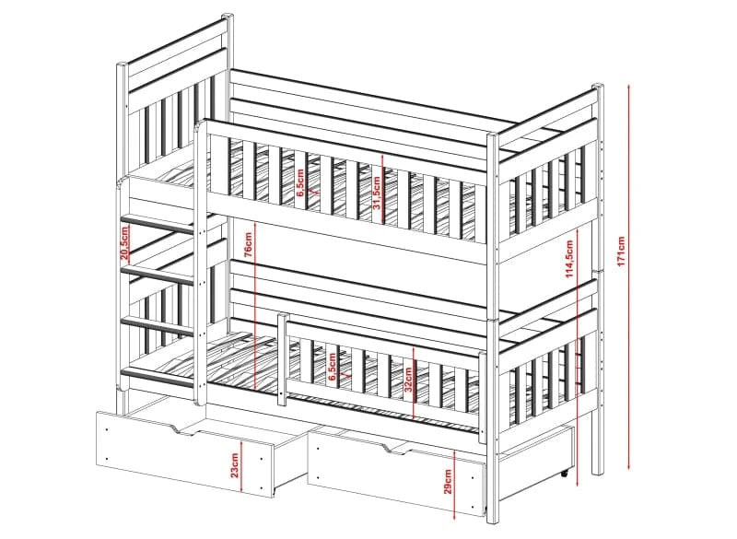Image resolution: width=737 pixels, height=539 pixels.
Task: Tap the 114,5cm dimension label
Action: click(569, 260)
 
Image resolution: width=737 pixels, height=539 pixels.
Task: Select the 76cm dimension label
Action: click(248, 244)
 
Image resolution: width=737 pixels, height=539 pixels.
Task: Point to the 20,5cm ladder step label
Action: click(125, 242)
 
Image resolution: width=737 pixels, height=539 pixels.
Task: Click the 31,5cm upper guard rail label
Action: click(376, 193)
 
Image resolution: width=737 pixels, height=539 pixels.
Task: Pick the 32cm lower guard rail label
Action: click(408, 380)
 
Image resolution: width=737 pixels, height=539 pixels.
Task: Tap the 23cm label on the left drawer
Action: click(235, 465)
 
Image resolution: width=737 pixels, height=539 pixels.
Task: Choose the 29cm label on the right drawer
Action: click(448, 482)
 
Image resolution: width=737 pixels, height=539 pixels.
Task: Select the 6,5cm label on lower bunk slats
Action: click(333, 368)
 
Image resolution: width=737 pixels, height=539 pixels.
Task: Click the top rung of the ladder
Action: click(158, 224)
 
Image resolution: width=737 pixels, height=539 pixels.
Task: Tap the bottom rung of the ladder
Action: click(158, 378)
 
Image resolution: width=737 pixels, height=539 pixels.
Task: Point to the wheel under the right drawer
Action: click(565, 474)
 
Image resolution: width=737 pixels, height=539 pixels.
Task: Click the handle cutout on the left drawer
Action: click(186, 430)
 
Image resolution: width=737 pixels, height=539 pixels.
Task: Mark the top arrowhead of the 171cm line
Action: click(630, 86)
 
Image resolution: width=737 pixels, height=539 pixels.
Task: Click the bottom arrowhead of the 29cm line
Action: click(455, 517)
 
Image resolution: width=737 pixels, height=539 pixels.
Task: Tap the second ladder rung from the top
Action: click(158, 275)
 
